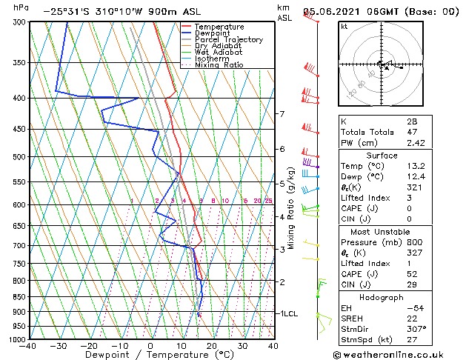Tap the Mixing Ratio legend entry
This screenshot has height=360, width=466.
[220, 65]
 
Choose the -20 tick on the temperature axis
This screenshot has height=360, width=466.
[89, 346]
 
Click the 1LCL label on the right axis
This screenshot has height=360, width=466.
[289, 313]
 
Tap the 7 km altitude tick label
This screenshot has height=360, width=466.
[282, 114]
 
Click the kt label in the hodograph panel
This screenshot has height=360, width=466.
[344, 26]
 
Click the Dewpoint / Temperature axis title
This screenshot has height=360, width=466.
[150, 355]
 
